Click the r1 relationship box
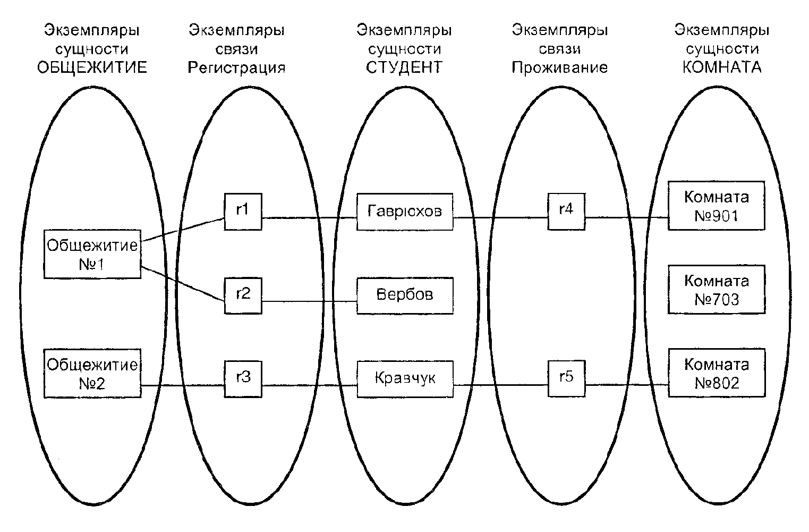pos(243,211)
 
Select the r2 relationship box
pos(243,294)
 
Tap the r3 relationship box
pos(243,378)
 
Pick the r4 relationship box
pos(566,211)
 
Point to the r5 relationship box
pos(566,378)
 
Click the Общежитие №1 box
pos(92,254)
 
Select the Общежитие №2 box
pos(92,373)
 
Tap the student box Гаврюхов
pos(405,212)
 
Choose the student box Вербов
pos(405,295)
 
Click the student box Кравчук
pos(405,379)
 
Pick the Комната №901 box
pos(716,206)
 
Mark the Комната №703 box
pos(716,290)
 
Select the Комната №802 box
pos(716,373)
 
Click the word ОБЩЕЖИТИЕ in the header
pos(92,68)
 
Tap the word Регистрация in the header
pos(237,68)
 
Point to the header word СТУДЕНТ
pos(404,68)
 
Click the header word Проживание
pos(559,68)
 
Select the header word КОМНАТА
pos(722,68)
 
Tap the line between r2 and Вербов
pos(309,302)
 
